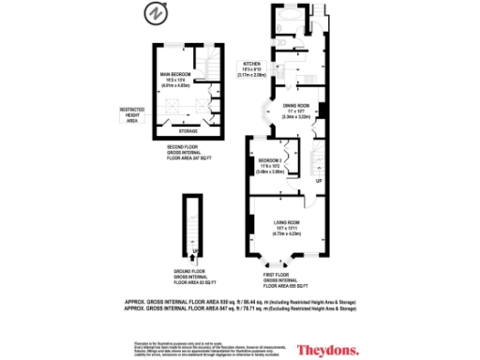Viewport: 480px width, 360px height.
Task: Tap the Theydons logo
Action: pos(328,350)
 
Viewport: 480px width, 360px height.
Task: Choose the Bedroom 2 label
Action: pos(270,166)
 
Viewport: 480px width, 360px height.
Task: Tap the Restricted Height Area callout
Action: pos(131,115)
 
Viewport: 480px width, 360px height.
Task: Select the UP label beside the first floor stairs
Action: pos(318,180)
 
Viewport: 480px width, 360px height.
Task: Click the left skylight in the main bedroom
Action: pos(168,104)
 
